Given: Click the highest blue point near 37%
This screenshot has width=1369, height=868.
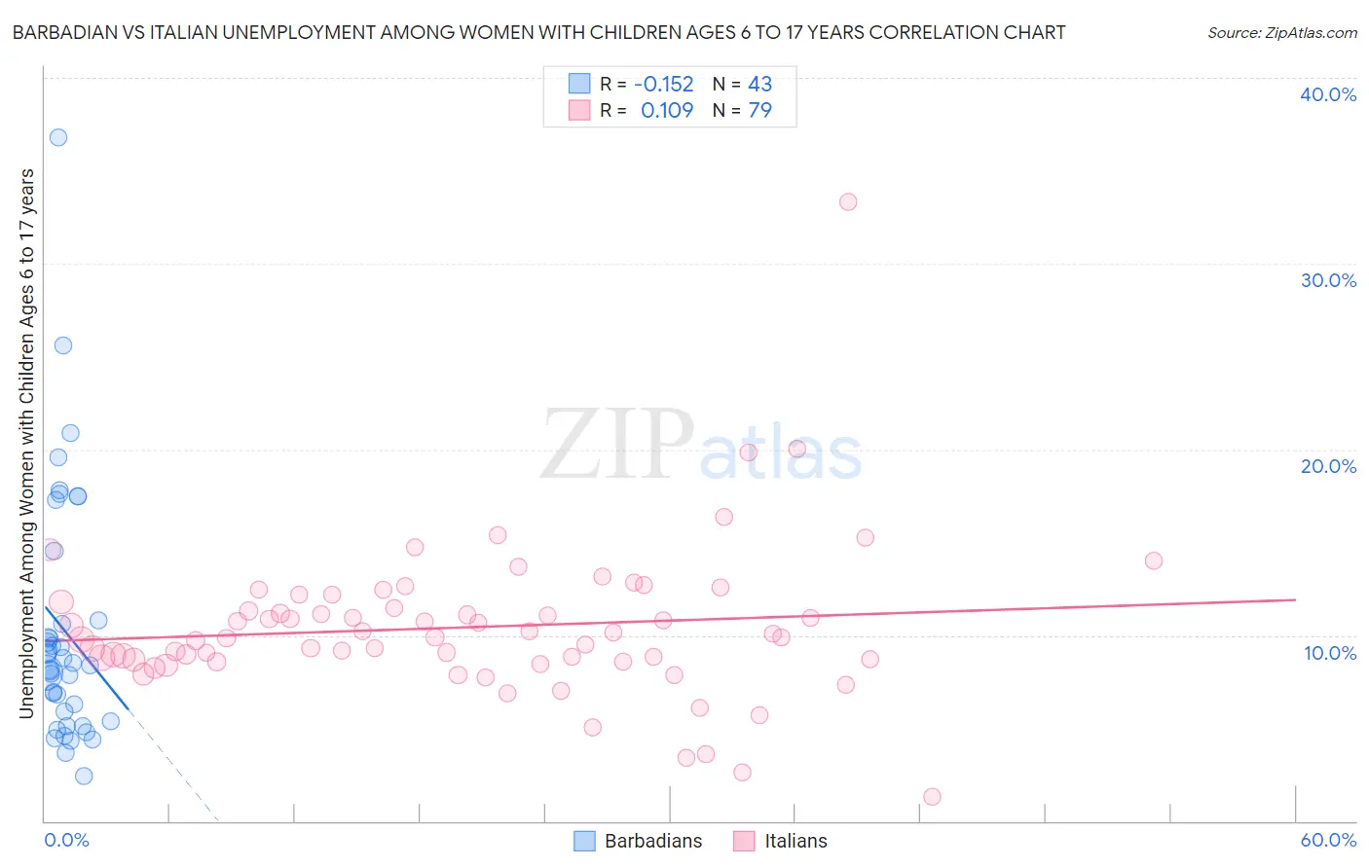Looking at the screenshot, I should pyautogui.click(x=58, y=137).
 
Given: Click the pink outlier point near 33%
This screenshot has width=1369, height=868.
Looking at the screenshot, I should pyautogui.click(x=848, y=201).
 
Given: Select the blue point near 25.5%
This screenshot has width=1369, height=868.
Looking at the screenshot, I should pyautogui.click(x=63, y=345).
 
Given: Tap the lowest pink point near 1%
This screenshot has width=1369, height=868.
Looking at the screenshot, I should pyautogui.click(x=932, y=797).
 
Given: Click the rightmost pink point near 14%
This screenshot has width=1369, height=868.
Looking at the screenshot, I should pyautogui.click(x=1154, y=561).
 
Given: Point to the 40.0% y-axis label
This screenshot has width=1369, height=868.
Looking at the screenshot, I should pyautogui.click(x=1328, y=94).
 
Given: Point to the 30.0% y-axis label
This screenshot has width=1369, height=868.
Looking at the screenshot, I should pyautogui.click(x=1328, y=280).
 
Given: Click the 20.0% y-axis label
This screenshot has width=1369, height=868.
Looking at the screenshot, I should pyautogui.click(x=1328, y=466).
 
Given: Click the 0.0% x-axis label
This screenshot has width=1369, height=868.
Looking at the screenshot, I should pyautogui.click(x=66, y=840).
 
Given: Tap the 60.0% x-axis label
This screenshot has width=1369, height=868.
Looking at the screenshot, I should pyautogui.click(x=1328, y=840).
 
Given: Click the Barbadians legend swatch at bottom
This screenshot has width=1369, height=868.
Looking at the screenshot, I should pyautogui.click(x=584, y=841).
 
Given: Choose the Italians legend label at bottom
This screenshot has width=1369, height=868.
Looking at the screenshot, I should pyautogui.click(x=795, y=841).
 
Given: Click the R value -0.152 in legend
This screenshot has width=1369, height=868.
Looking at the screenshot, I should pyautogui.click(x=663, y=85).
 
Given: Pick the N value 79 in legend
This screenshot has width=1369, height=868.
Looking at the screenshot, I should pyautogui.click(x=759, y=111).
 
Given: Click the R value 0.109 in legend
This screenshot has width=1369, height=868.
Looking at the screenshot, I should pyautogui.click(x=667, y=111).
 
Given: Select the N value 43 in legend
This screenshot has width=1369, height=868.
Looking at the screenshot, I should pyautogui.click(x=759, y=85).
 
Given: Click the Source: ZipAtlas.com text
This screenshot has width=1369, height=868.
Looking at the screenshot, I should pyautogui.click(x=1281, y=33).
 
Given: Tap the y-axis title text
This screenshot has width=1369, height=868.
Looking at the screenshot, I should pyautogui.click(x=26, y=444).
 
